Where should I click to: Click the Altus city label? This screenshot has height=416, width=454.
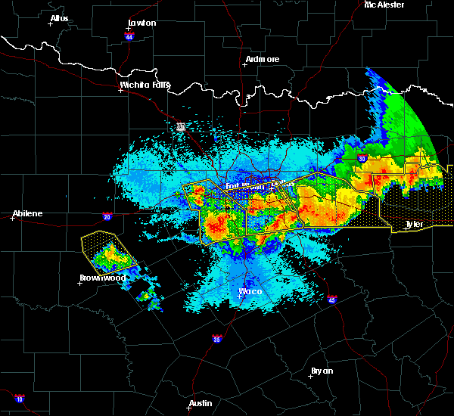[59, 17]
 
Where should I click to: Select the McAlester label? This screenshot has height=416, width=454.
[384, 5]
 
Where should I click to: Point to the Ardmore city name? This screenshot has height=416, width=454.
[263, 59]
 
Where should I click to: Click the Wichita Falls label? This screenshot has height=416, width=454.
[145, 85]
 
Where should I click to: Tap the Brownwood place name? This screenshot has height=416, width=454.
[102, 278]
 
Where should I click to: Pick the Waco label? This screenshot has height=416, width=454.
[250, 290]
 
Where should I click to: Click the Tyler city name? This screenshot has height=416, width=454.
[413, 224]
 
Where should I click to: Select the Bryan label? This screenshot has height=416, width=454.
[322, 371]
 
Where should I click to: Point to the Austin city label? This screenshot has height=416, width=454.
[201, 403]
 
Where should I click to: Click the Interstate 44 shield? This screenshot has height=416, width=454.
[129, 36]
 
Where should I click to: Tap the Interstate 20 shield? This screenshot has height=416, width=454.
[107, 216]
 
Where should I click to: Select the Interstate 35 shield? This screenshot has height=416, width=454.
[216, 338]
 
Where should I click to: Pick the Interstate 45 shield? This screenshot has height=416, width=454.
[332, 300]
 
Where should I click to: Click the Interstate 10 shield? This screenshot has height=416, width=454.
[19, 399]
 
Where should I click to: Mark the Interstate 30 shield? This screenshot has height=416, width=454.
[362, 158]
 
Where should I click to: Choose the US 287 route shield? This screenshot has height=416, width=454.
[181, 126]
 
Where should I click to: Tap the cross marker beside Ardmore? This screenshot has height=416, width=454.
[244, 64]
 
